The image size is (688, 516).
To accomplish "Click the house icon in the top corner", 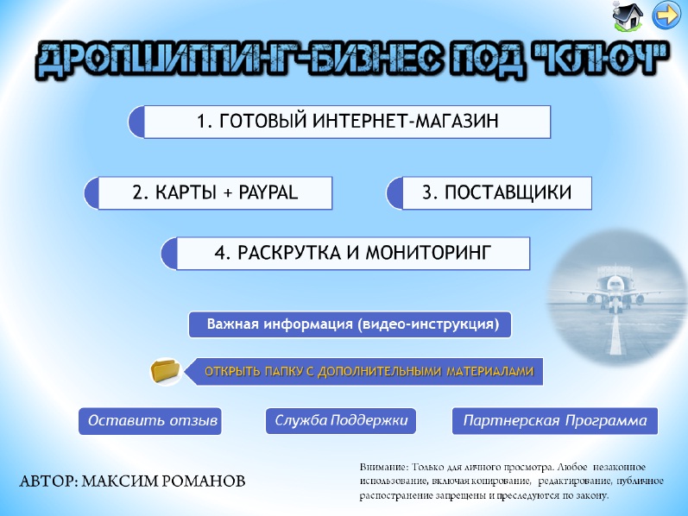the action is point(628,16).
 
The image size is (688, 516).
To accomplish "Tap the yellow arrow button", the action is point(666,16).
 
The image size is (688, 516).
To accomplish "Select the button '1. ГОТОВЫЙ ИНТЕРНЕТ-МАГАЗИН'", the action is point(339,122).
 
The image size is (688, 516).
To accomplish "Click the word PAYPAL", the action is point(268,192).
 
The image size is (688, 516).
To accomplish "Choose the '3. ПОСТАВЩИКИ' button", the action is point(489,193).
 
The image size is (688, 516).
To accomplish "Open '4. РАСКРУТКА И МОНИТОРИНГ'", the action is point(345,253).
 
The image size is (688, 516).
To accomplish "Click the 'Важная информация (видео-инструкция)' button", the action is point(350,324).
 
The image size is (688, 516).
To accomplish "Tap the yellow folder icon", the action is point(166,372).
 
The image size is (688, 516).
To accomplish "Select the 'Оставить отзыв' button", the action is point(150,421).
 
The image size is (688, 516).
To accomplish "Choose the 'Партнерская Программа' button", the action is point(555,421).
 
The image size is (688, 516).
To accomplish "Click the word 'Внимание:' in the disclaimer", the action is point(384,467).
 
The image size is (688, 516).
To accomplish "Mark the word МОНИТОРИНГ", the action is point(428,253).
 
